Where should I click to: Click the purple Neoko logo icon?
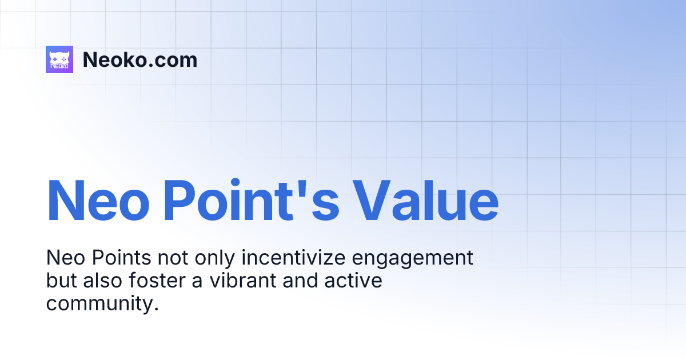[x=59, y=59]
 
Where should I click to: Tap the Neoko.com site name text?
[x=140, y=59]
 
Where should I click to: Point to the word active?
[x=354, y=281]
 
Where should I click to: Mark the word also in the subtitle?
[x=106, y=281]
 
